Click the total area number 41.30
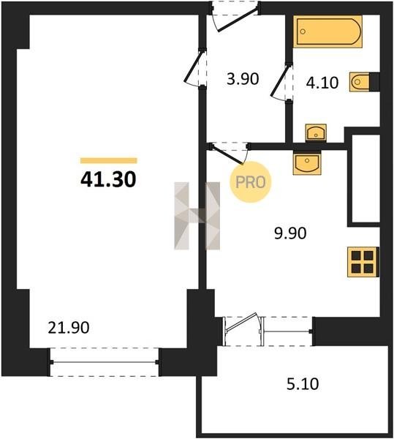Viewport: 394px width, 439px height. click(108, 179)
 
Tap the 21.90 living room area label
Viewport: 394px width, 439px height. click(69, 328)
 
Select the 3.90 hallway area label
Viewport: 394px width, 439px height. click(243, 79)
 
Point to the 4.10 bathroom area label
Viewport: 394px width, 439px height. click(322, 83)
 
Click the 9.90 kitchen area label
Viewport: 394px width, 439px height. click(290, 233)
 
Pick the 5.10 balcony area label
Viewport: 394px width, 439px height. click(303, 384)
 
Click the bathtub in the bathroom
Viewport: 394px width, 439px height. click(327, 31)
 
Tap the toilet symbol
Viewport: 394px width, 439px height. click(360, 82)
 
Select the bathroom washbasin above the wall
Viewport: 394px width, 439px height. click(316, 132)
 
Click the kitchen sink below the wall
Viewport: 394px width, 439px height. click(307, 163)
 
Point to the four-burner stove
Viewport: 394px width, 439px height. click(363, 262)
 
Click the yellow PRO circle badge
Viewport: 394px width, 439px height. click(251, 182)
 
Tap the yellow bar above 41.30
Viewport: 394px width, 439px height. click(109, 160)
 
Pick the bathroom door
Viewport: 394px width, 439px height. click(281, 82)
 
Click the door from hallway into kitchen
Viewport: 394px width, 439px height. click(228, 153)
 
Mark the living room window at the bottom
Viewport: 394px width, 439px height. click(104, 362)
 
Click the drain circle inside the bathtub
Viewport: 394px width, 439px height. click(303, 31)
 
